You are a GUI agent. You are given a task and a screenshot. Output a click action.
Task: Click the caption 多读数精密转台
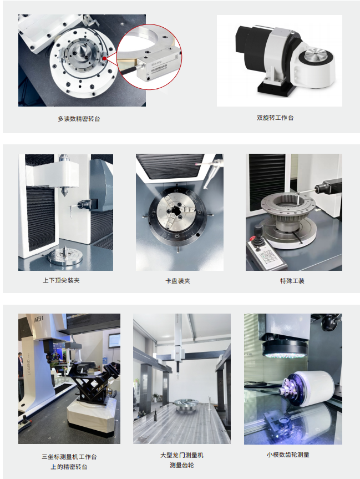[79, 119]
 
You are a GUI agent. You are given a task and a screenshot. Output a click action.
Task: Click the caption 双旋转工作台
[275, 118]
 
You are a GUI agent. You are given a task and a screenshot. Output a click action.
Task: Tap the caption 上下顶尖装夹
[61, 280]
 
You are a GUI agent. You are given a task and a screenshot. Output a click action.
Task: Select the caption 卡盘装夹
[178, 281]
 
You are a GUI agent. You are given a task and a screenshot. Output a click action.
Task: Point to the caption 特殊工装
[292, 281]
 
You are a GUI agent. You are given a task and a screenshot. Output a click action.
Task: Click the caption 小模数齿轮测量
[288, 455]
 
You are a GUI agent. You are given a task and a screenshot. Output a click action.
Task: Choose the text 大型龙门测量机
[182, 456]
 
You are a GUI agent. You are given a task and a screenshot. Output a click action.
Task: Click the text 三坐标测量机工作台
[69, 457]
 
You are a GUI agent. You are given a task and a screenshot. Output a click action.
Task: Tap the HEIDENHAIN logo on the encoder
[159, 69]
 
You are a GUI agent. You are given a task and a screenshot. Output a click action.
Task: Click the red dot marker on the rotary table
[104, 58]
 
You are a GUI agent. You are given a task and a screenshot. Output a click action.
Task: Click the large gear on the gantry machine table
[186, 404]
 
